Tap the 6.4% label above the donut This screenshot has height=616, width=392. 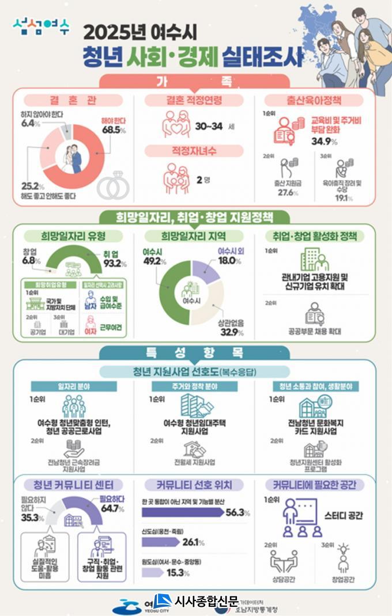coord(27,123)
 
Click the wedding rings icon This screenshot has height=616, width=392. coord(112,186)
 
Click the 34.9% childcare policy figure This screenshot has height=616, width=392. coord(325,141)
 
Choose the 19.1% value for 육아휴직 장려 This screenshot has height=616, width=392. coord(344,197)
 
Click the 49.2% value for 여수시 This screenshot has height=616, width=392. coord(154,261)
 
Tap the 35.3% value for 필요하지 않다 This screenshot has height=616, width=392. coord(32,518)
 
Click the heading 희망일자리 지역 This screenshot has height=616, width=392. coord(193,237)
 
